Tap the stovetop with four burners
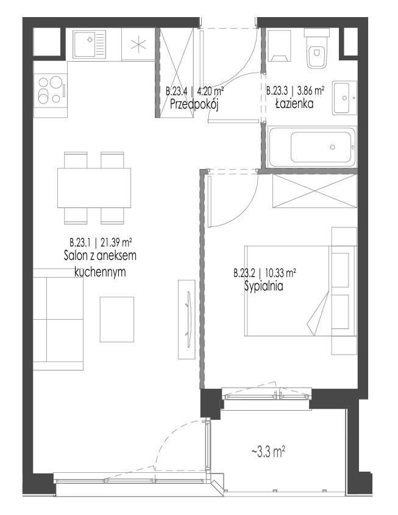coord(51,90)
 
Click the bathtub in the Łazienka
coord(312,147)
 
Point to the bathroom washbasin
coord(344,98)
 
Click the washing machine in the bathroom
coord(280,46)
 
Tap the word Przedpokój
coord(194,104)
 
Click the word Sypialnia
coord(263,286)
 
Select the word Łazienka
coord(294,104)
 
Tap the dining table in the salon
coord(94,188)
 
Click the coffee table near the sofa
coord(117,319)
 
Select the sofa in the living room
coord(58,319)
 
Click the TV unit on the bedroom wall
coord(187,319)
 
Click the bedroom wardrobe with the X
coord(314,191)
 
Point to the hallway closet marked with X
coord(176,72)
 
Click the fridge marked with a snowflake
coord(138,45)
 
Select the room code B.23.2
coord(244,273)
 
